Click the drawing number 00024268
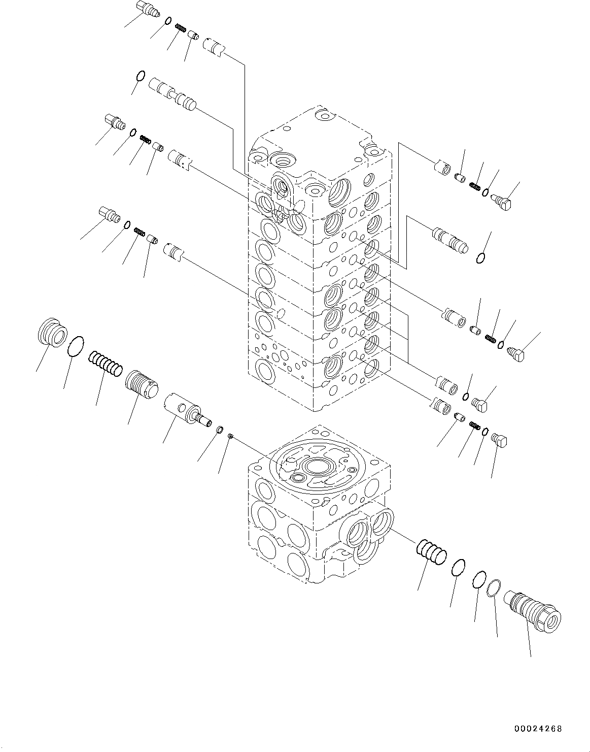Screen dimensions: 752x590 [x=537, y=729]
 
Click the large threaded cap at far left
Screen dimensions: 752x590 [x=52, y=333]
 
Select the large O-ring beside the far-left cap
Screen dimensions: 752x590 [x=76, y=346]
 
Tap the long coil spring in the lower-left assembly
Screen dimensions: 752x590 [x=106, y=363]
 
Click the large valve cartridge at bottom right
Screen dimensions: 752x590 [x=532, y=611]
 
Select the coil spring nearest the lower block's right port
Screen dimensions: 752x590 [x=431, y=552]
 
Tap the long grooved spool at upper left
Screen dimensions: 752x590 [x=172, y=93]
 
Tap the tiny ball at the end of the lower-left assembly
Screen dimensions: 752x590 [x=230, y=435]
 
